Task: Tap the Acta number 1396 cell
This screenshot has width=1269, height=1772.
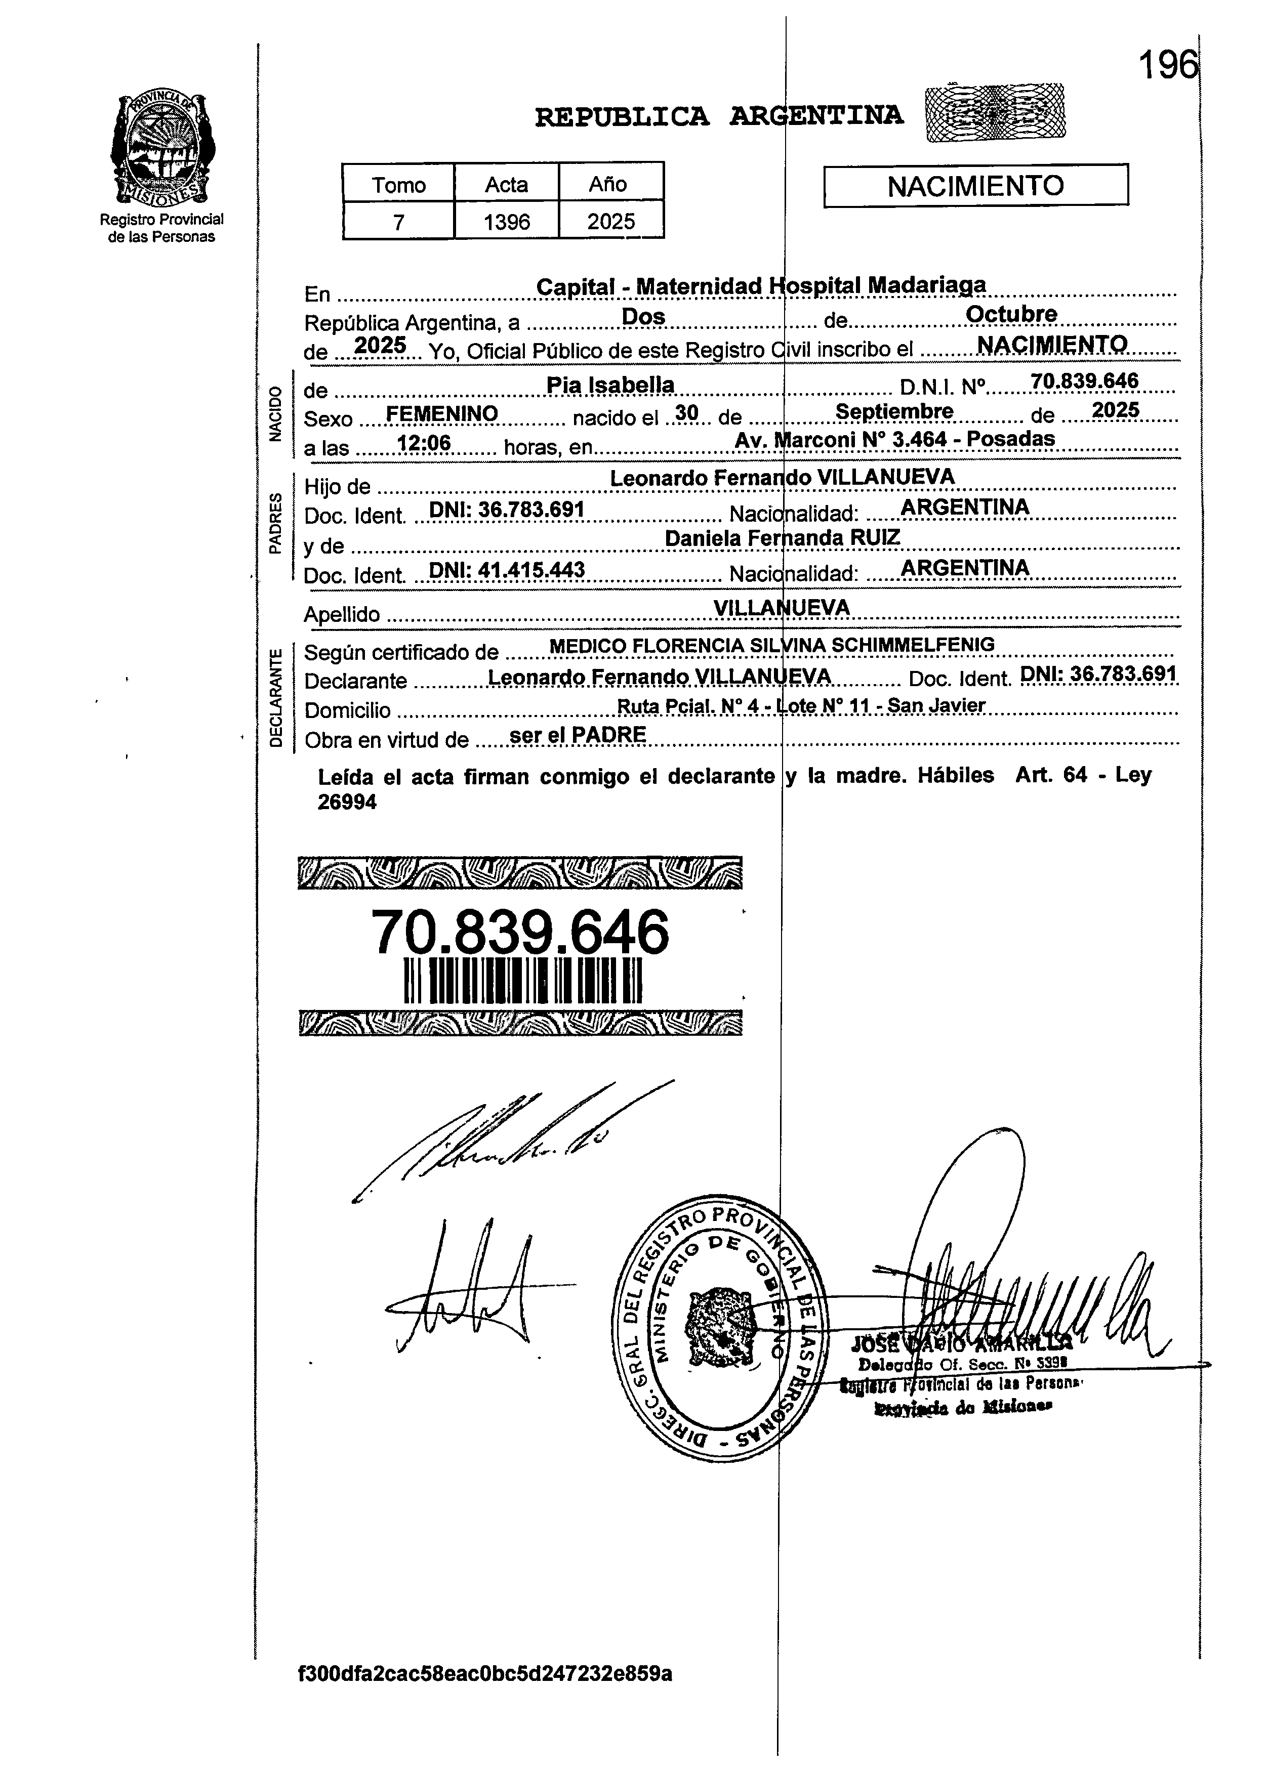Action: (x=506, y=222)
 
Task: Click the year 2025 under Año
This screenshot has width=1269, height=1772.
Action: (x=611, y=222)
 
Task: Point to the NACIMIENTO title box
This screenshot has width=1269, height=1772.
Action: (x=975, y=186)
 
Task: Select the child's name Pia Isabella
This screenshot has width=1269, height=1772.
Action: (x=610, y=385)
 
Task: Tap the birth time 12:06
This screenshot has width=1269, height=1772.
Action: (x=424, y=444)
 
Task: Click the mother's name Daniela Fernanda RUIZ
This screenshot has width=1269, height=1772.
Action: (x=782, y=538)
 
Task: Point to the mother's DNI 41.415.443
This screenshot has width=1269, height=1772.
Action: (x=507, y=570)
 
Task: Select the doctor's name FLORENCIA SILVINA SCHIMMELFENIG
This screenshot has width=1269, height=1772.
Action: (x=812, y=645)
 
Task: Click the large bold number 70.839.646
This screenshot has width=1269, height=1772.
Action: (x=520, y=932)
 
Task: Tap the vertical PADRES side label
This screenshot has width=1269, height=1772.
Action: (x=274, y=523)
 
